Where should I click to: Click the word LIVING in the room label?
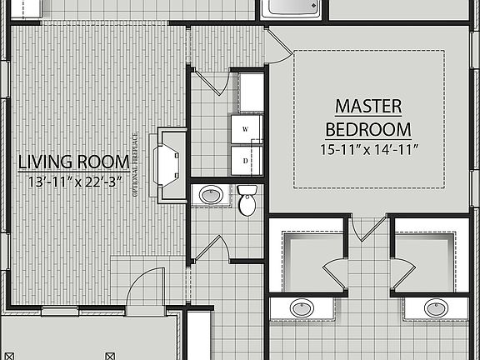pos(46,162)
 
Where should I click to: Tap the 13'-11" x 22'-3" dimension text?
pos(74,180)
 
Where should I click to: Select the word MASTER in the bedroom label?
pos(367,107)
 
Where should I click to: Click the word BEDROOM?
pos(367,129)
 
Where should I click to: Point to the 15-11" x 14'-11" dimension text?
pos(367,149)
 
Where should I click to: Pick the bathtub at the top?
pos(290,9)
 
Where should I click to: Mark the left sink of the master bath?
pos(302,308)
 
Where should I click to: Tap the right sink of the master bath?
pos(435,308)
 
